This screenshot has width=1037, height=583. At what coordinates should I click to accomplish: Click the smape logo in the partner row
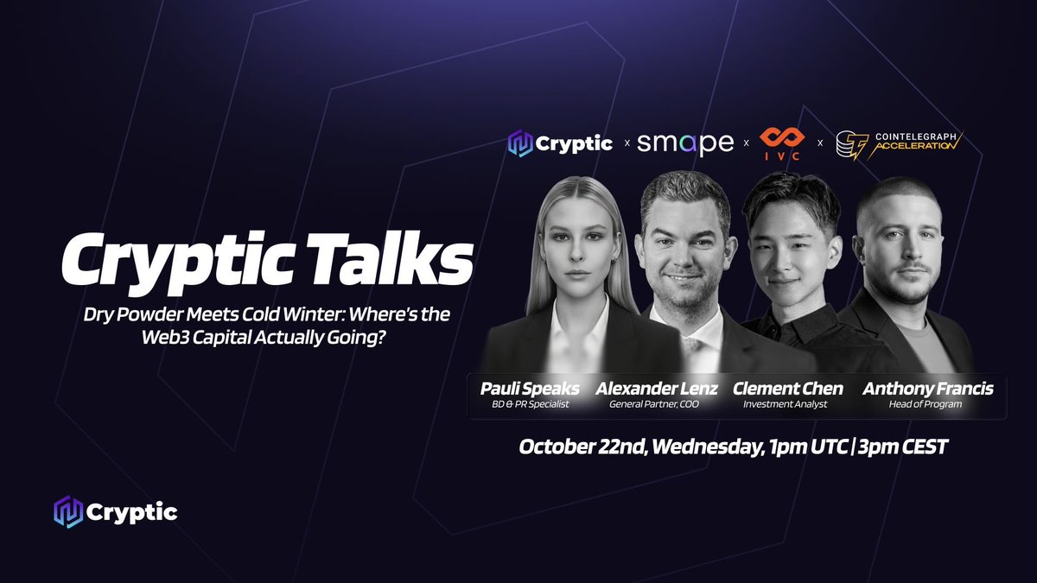(x=685, y=143)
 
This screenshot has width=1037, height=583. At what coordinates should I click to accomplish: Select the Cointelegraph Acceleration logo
(x=898, y=143)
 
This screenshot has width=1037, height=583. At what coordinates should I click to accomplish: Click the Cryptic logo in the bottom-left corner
(x=115, y=512)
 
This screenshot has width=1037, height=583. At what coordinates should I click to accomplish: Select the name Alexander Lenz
(x=656, y=390)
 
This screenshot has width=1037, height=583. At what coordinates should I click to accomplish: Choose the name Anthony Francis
(x=928, y=390)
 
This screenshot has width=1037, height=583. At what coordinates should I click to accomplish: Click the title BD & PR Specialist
(x=531, y=404)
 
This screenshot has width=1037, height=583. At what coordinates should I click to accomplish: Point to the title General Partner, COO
(x=656, y=404)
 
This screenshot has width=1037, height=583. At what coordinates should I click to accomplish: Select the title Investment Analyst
(x=786, y=404)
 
